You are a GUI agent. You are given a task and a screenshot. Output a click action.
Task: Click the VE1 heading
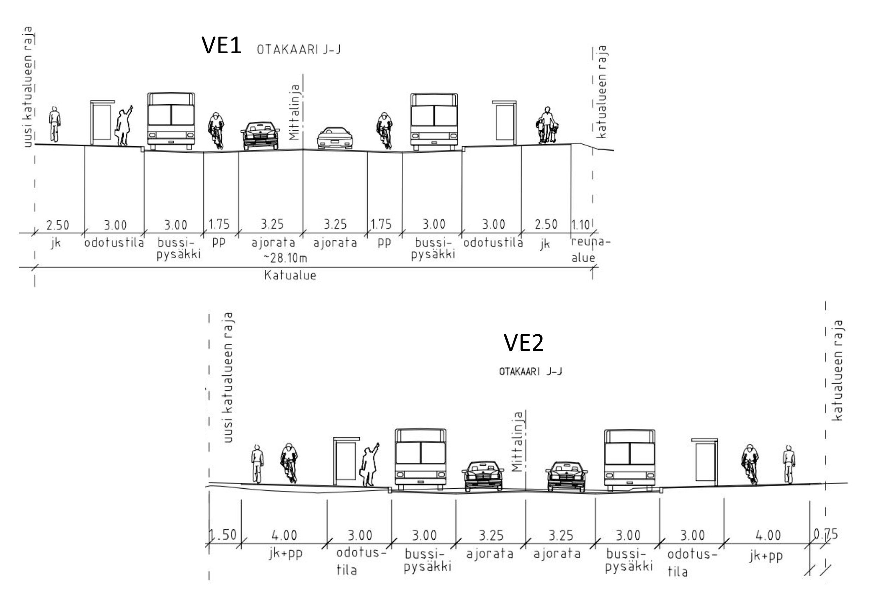[x=221, y=46]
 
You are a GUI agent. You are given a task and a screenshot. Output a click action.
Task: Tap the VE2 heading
[x=523, y=343]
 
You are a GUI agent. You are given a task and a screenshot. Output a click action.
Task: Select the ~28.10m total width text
[x=285, y=258]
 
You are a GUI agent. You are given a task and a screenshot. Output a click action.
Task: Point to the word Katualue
[x=290, y=275]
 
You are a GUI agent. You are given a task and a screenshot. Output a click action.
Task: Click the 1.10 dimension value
[x=581, y=225]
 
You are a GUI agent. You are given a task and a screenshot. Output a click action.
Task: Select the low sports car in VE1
[x=335, y=138]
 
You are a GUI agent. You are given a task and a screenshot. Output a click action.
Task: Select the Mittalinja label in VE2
[x=517, y=442]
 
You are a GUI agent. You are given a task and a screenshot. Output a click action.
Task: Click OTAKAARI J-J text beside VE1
[x=299, y=50]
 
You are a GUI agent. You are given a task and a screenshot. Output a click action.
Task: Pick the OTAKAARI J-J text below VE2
[x=530, y=371]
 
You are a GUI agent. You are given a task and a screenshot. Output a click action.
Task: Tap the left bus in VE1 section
[x=171, y=121]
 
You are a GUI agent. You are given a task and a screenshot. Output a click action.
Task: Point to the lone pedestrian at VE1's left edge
[x=55, y=124]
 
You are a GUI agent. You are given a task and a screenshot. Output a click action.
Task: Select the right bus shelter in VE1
[x=504, y=122]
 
